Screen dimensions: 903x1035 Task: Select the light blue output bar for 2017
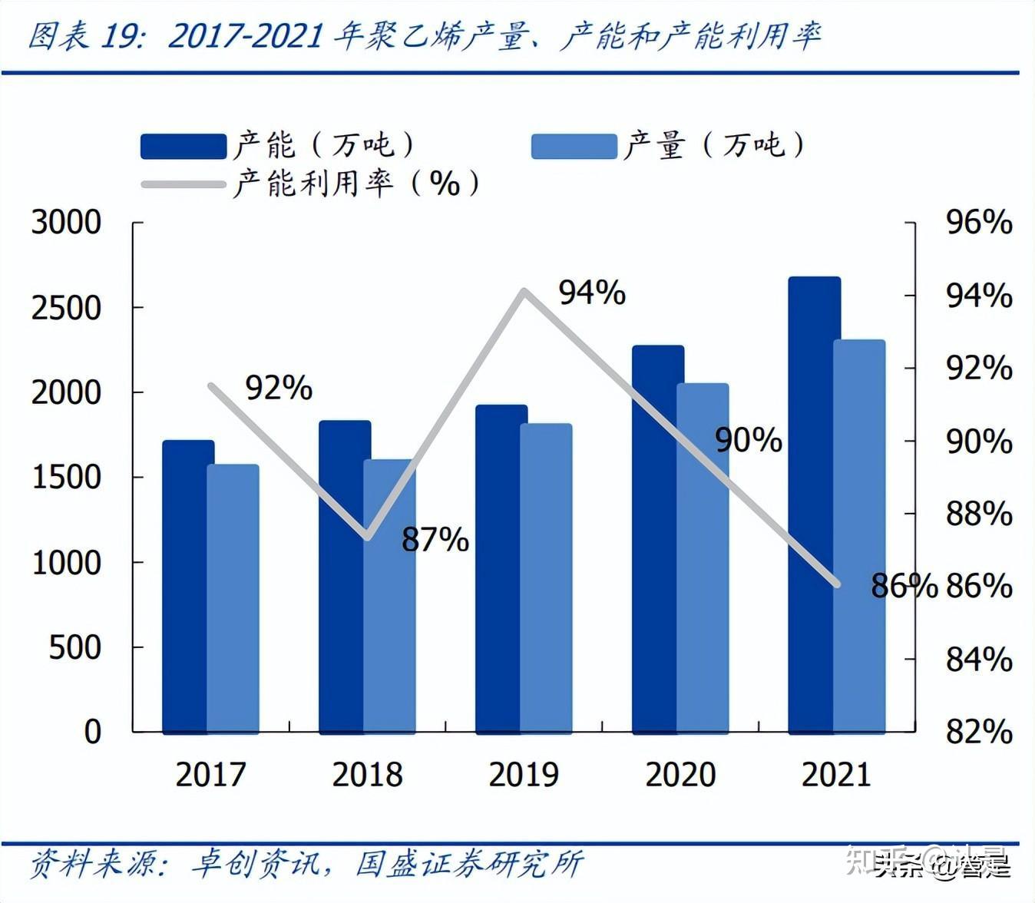(233, 599)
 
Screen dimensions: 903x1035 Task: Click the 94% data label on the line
(591, 293)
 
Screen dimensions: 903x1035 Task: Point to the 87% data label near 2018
(435, 540)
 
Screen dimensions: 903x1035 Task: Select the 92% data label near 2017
(279, 388)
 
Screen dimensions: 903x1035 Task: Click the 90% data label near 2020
(748, 440)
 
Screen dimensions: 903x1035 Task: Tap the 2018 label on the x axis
(367, 774)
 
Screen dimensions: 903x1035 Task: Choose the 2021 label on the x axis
(836, 774)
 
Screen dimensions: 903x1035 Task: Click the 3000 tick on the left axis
(66, 223)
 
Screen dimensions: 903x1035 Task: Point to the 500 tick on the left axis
(75, 647)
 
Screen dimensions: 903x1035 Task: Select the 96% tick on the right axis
(978, 223)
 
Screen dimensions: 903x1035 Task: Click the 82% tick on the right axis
(978, 732)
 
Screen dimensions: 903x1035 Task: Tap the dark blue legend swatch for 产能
(184, 146)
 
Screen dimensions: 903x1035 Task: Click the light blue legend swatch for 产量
(574, 146)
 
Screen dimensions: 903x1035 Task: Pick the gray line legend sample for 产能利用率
(184, 184)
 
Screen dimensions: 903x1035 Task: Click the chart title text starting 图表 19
(424, 36)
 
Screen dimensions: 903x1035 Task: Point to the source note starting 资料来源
(306, 864)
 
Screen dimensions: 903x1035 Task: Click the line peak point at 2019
(524, 292)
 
